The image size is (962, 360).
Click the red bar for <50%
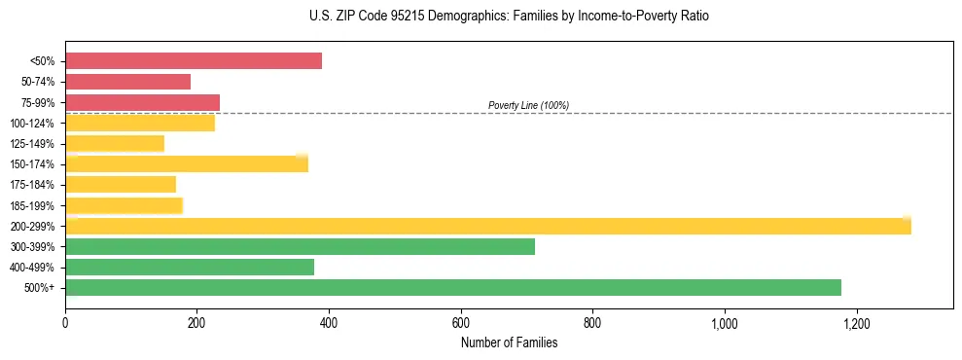tap(194, 61)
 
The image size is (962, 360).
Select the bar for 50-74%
tap(127, 82)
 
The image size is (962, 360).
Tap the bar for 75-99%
tap(142, 102)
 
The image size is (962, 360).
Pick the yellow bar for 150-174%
tap(187, 163)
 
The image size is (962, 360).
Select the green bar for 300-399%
tap(300, 246)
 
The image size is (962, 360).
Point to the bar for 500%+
tap(453, 287)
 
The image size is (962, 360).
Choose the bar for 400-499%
tap(190, 267)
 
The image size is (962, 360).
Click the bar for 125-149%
tap(115, 143)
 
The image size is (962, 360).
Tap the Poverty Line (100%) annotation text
tap(528, 105)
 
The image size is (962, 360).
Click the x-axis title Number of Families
tap(509, 342)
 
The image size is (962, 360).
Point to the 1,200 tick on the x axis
tap(856, 322)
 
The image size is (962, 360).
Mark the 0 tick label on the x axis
tap(65, 322)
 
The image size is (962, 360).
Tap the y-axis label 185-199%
tap(32, 205)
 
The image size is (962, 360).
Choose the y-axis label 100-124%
tap(32, 124)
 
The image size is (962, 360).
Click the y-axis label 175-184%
tap(32, 185)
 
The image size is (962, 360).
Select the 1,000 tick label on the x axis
tap(724, 322)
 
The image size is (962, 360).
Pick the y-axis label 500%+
tap(40, 288)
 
